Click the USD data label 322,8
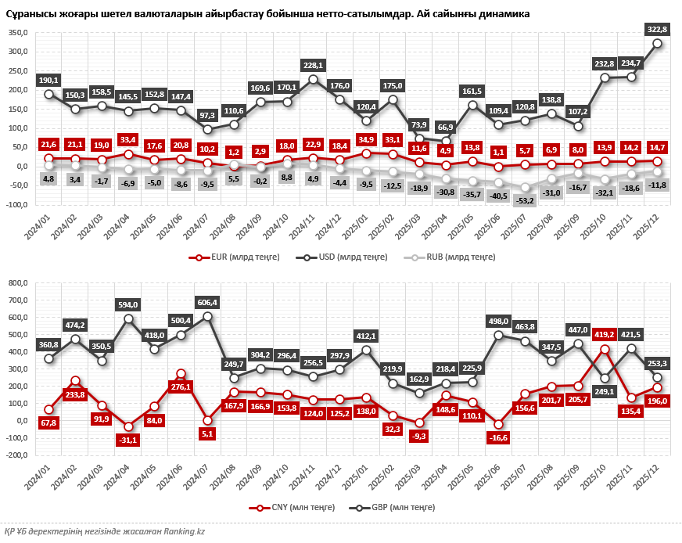(x=658, y=29)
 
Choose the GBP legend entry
(x=389, y=508)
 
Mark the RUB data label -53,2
(x=526, y=201)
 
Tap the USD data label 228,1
(x=314, y=65)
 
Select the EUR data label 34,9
(x=366, y=139)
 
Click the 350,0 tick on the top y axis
(x=17, y=32)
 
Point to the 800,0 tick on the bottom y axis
(x=17, y=283)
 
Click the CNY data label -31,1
(x=128, y=441)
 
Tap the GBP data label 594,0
(x=128, y=304)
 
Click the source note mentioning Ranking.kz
(x=104, y=532)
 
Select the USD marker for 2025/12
(x=658, y=43)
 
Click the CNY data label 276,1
(x=181, y=387)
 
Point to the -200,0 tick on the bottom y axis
(x=16, y=455)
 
